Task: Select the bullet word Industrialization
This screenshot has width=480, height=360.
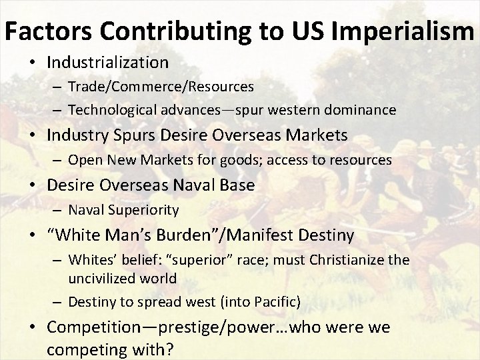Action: pyautogui.click(x=107, y=63)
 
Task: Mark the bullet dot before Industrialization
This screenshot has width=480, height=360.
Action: pyautogui.click(x=38, y=63)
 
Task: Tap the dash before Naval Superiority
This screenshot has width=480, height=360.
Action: pyautogui.click(x=59, y=211)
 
